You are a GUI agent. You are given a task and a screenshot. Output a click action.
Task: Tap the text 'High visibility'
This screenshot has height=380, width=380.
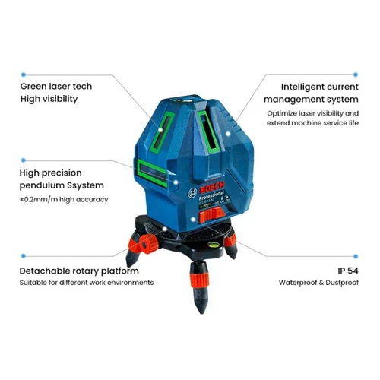49,99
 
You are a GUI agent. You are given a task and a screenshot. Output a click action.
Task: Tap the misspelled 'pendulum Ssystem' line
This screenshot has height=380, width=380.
63,185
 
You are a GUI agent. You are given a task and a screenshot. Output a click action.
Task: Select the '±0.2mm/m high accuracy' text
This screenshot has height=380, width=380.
64,199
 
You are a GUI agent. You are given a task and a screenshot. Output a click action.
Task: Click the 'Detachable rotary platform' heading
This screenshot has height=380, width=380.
79,270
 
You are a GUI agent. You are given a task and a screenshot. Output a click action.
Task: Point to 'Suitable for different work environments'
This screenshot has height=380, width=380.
87,283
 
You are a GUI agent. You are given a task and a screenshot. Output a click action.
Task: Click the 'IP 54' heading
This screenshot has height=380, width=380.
346,270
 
